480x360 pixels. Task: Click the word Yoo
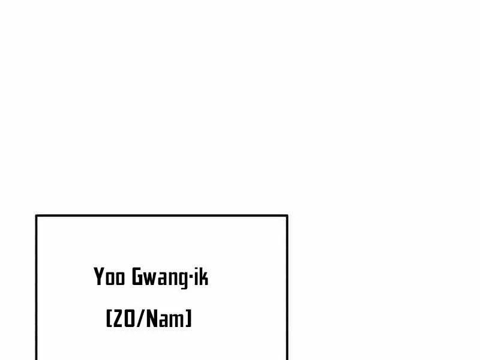point(109,277)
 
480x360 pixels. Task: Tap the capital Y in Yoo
point(99,277)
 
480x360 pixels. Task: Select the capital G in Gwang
point(137,277)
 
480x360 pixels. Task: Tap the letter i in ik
point(196,277)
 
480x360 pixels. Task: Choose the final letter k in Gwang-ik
point(203,277)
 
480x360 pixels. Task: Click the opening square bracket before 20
point(109,319)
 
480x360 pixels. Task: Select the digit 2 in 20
point(118,319)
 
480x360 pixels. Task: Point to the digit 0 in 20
point(129,319)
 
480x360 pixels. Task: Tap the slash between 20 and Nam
point(140,319)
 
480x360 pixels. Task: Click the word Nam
point(166,319)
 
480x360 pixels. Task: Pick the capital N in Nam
point(152,319)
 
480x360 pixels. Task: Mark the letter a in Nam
point(163,320)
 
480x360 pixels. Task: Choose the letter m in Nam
point(176,320)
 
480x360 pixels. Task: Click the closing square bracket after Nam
point(188,319)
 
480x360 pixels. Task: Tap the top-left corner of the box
point(37,216)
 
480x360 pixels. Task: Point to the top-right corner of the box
point(287,216)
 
